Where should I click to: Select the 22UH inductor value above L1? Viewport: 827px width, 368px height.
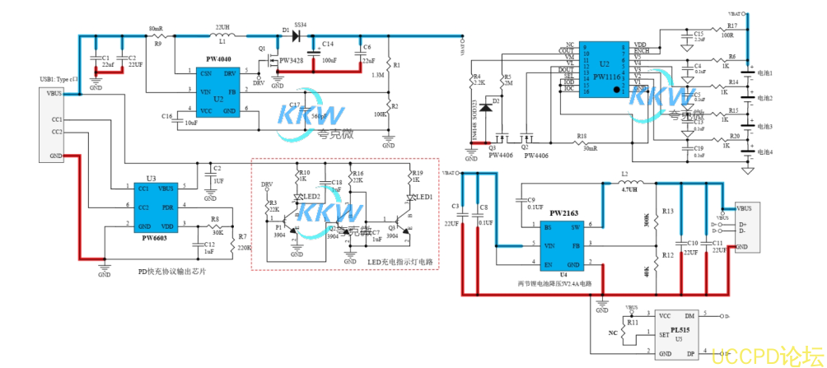222,27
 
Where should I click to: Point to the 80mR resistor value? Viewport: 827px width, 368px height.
156,29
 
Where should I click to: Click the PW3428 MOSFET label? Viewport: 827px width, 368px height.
292,61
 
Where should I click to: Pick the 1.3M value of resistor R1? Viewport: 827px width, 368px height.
378,75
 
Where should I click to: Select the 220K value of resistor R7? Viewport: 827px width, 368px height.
245,247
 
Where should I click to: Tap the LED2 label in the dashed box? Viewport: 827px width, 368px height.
311,197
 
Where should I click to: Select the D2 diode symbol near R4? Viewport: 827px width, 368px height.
487,106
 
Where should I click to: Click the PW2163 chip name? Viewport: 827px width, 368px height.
564,212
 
